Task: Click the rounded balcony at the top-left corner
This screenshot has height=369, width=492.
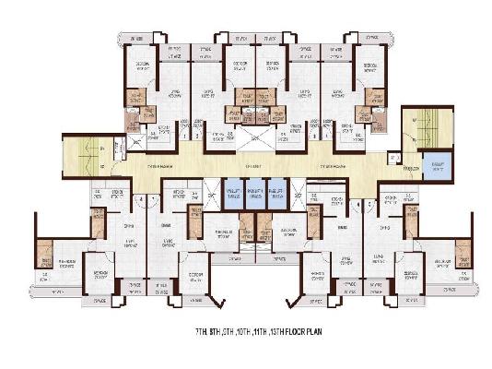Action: (135, 38)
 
